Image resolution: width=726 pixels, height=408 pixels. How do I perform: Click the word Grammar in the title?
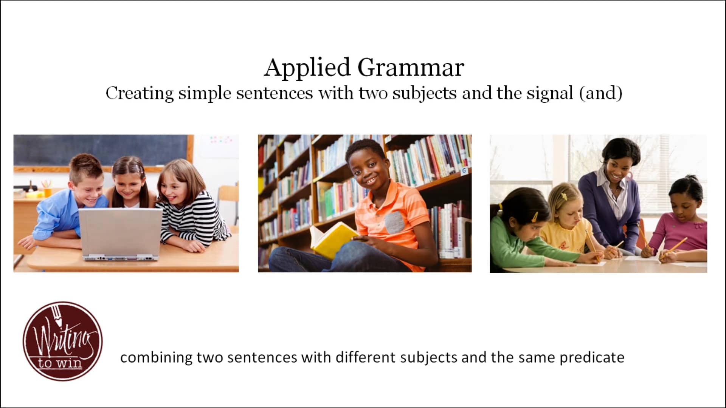pos(411,68)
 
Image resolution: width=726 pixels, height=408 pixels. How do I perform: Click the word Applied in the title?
pos(307,68)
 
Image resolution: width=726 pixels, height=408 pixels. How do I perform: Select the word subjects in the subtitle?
pos(424,93)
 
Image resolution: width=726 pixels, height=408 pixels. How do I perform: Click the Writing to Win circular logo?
pos(62,341)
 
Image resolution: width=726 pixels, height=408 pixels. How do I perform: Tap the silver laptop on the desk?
pos(121,234)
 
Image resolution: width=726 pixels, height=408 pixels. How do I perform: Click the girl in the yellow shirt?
pos(567,223)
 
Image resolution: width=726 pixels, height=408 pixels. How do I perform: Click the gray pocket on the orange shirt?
pos(394,223)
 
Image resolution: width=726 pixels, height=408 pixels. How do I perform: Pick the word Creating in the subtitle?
pos(140,93)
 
